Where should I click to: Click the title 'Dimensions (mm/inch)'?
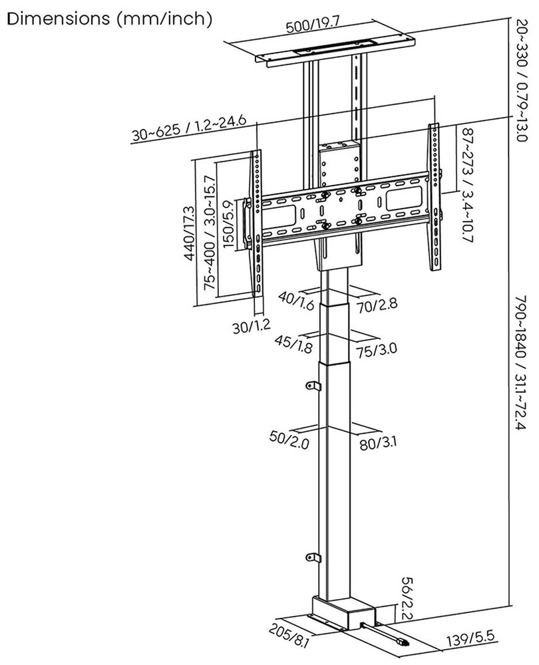[x=110, y=19]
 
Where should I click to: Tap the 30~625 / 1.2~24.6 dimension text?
[x=189, y=128]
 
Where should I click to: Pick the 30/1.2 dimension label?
[x=251, y=326]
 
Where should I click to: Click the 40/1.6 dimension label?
[x=296, y=301]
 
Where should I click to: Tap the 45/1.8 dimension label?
[x=293, y=344]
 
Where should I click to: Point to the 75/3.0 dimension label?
[x=377, y=350]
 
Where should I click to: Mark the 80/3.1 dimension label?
[x=378, y=444]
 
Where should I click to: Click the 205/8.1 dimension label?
[x=289, y=638]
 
